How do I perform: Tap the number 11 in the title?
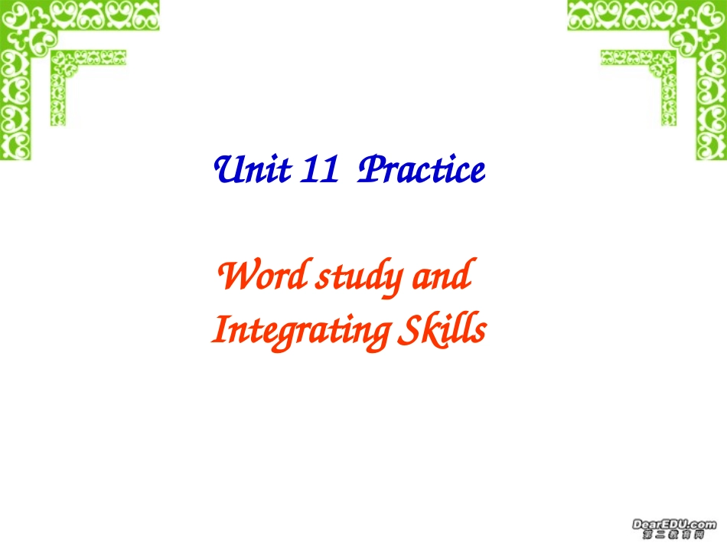320,170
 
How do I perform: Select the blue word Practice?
422,170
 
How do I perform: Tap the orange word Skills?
443,331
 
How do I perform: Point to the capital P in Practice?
371,169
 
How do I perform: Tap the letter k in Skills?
434,331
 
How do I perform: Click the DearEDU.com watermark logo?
673,524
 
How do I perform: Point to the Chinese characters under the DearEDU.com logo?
673,535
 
